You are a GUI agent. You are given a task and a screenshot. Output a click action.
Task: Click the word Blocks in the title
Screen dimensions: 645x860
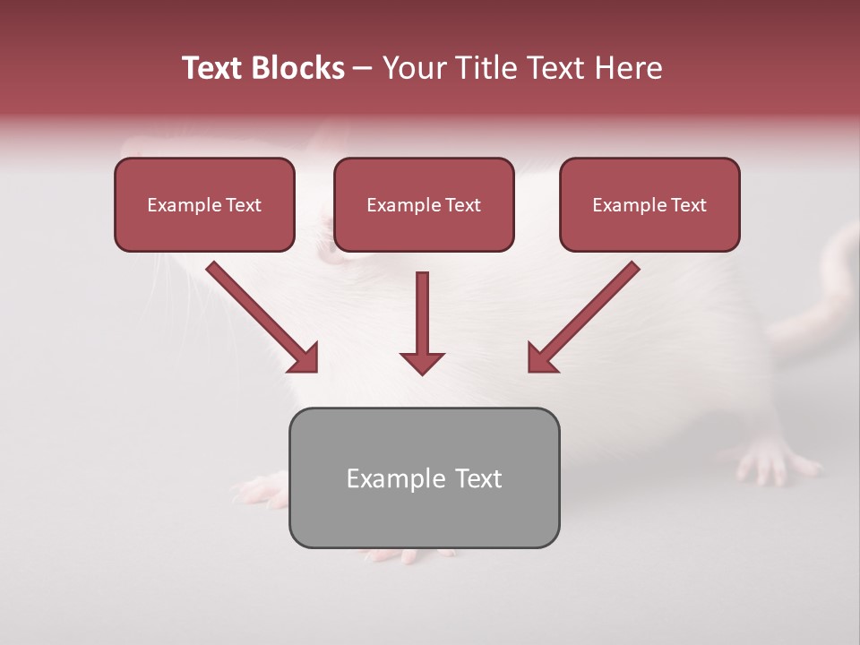[296, 68]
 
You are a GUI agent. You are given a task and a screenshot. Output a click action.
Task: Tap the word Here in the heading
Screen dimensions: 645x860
[627, 68]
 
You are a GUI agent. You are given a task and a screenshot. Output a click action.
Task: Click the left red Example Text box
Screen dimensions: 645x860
[204, 204]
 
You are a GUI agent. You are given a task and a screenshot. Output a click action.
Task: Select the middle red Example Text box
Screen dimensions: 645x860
[424, 204]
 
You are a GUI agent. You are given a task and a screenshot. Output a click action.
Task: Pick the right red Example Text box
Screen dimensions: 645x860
[649, 204]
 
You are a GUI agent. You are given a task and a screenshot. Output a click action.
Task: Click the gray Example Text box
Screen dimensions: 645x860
[424, 477]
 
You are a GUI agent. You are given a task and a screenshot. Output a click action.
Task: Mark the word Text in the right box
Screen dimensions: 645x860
[689, 204]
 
